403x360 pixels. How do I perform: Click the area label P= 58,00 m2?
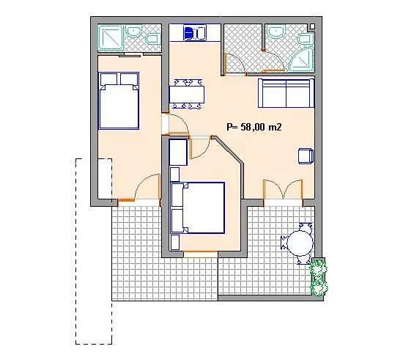(255, 127)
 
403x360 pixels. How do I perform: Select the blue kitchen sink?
(193, 33)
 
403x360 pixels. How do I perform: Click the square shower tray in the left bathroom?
(111, 37)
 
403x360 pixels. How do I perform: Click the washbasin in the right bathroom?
(277, 32)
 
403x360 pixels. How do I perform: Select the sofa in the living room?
(286, 93)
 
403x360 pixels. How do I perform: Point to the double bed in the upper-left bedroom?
(119, 100)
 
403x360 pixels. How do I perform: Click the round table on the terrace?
(298, 243)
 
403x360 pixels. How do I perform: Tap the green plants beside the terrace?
(318, 276)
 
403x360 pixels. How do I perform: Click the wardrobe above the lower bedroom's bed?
(178, 153)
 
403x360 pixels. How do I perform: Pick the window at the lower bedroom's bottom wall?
(199, 252)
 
